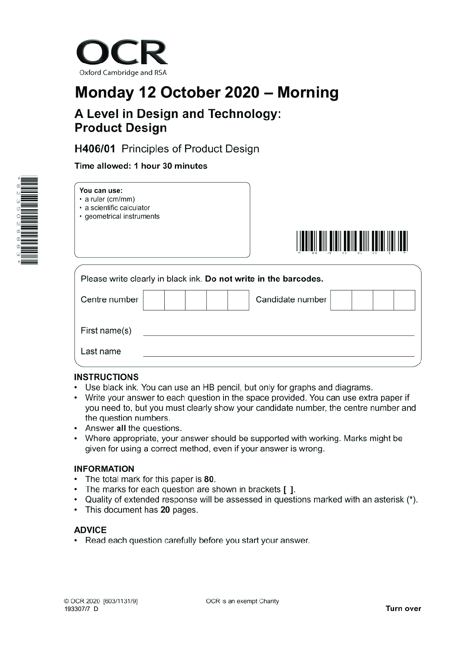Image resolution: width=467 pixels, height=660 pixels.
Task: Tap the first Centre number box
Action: click(154, 300)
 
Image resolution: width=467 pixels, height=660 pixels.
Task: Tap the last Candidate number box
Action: click(404, 300)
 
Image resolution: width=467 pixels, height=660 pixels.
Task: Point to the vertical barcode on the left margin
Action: click(29, 221)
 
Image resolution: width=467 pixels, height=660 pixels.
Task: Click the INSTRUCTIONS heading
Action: click(106, 377)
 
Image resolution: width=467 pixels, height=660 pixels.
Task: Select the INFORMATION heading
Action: click(104, 469)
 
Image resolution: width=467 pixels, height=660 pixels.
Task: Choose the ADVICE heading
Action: click(90, 530)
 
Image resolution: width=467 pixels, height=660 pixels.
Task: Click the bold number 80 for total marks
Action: click(209, 479)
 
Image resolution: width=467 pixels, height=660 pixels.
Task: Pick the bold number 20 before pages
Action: click(165, 510)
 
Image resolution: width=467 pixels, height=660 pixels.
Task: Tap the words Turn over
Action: click(403, 609)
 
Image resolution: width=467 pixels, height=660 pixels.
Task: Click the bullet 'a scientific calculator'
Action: click(117, 208)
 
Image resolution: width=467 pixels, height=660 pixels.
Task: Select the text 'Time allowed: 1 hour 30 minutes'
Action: click(141, 166)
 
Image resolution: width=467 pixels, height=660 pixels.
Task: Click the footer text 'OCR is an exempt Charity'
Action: click(242, 601)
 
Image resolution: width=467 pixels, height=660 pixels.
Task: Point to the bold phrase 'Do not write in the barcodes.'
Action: click(264, 279)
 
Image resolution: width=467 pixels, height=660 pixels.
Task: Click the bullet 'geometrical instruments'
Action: click(122, 216)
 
